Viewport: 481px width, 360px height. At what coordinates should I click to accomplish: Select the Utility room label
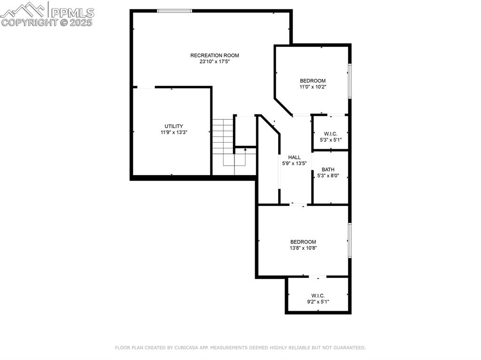coord(173,126)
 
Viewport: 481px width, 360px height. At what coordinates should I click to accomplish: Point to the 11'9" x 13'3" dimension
coord(173,132)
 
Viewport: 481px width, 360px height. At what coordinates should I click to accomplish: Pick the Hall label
coord(295,157)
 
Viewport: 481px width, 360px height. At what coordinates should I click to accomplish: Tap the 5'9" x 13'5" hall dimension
coord(295,163)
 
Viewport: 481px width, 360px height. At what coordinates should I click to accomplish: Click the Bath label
coord(328,169)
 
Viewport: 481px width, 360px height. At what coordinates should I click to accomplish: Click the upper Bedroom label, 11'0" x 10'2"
coord(313,81)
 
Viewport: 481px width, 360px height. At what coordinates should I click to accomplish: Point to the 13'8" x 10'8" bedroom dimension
coord(303,248)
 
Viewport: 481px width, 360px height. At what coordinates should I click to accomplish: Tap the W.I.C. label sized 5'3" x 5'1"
coord(331,134)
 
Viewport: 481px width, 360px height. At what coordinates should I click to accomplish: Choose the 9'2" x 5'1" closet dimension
coord(318,302)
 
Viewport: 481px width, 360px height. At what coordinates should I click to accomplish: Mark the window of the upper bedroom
coord(349,81)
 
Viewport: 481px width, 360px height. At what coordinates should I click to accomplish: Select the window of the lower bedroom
coord(349,240)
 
